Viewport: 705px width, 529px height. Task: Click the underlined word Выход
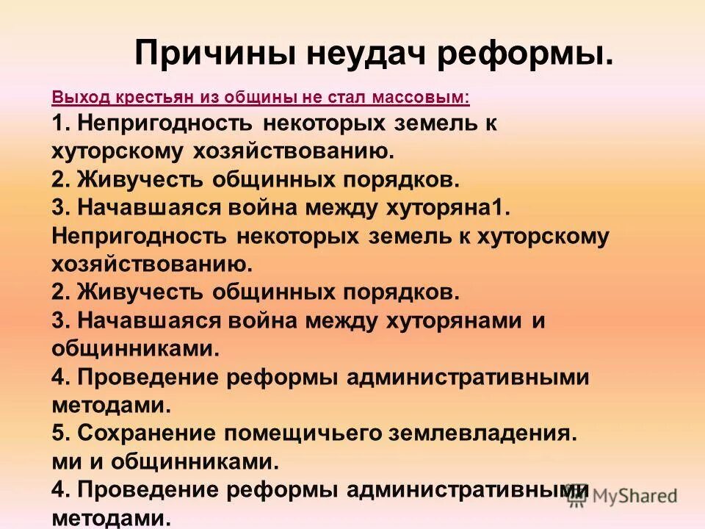coord(73,97)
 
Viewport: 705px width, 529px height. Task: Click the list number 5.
coord(59,433)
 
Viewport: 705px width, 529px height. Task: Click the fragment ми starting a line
coord(63,462)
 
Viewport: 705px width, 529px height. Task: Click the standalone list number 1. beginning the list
coord(59,123)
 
